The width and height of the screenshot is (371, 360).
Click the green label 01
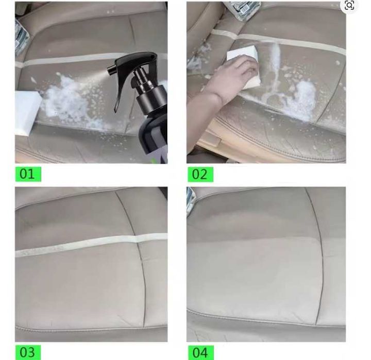click(28, 174)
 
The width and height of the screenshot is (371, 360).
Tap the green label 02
click(200, 175)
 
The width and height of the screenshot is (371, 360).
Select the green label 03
click(28, 352)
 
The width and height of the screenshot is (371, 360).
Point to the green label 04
click(200, 352)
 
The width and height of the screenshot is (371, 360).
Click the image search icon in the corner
click(349, 6)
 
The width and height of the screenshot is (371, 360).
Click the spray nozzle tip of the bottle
click(108, 70)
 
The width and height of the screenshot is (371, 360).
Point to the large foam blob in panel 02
click(303, 99)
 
